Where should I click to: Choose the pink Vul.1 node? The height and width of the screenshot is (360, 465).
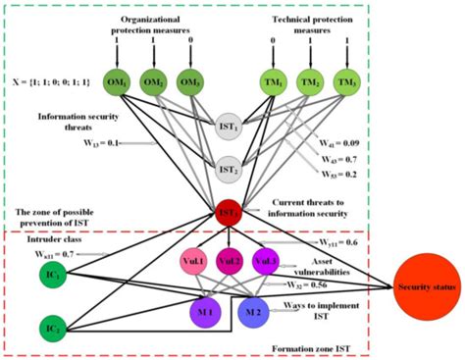192,263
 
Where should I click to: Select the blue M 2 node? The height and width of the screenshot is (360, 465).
254,311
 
